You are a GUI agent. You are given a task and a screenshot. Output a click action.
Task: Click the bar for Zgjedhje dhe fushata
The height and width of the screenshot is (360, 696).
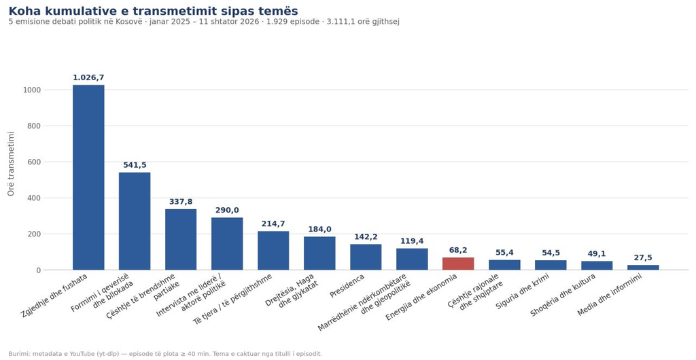point(88,177)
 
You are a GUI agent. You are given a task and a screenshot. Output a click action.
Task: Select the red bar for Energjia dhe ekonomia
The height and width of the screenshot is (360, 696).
point(458,264)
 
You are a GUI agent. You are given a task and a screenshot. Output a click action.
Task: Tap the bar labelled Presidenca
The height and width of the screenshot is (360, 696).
point(366,257)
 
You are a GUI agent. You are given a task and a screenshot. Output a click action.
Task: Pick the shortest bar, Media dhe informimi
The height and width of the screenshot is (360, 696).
point(643,268)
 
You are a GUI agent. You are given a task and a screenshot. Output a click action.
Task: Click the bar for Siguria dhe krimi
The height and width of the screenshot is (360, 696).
point(551,265)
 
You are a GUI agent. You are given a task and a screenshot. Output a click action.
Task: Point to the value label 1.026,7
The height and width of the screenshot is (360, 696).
point(88,77)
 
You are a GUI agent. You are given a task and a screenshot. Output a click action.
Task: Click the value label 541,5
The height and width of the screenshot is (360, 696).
point(135,165)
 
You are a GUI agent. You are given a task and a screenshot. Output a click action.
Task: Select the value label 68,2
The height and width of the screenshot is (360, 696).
point(458,251)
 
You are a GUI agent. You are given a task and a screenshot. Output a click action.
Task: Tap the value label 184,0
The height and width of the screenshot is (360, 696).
point(319,229)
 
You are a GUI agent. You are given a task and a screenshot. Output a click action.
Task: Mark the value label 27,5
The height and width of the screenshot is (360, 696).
point(643,258)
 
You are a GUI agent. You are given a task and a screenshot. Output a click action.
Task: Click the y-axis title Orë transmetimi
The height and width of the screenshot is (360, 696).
point(11,164)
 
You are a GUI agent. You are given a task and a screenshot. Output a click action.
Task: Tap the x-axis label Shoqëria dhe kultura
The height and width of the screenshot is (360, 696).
point(563,294)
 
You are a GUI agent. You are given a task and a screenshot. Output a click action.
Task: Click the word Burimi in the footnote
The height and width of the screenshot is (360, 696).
point(18,354)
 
